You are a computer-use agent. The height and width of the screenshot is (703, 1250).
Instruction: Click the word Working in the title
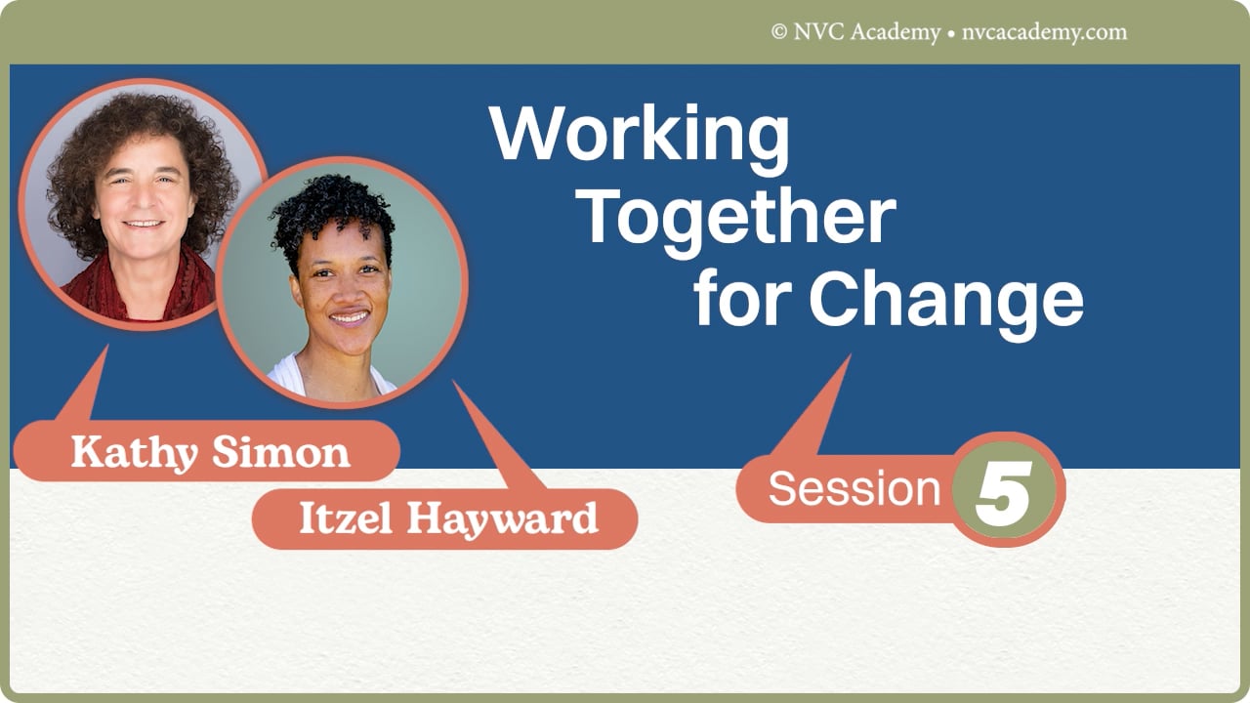click(x=640, y=136)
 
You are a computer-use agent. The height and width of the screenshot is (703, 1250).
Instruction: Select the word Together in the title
click(x=739, y=218)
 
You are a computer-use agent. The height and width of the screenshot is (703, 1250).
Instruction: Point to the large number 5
click(x=1003, y=489)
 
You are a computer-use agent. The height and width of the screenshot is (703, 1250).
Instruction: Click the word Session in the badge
click(x=854, y=488)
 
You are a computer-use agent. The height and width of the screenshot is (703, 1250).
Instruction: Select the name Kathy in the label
click(x=132, y=453)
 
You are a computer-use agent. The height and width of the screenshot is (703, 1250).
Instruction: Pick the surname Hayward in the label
click(x=502, y=519)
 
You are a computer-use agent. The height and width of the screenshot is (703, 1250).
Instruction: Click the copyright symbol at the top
click(x=778, y=32)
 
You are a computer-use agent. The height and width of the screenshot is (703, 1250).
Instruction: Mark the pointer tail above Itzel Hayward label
click(x=498, y=439)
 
